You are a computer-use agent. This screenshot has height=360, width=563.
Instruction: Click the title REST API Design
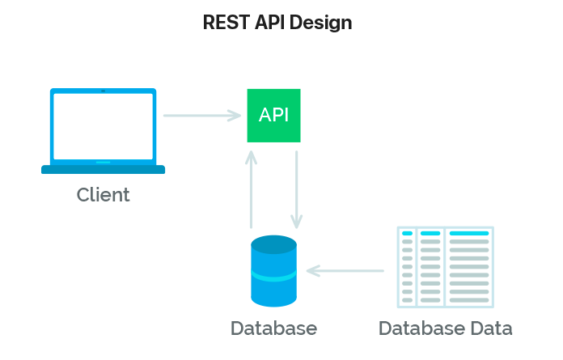277,23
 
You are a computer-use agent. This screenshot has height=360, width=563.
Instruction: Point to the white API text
273,115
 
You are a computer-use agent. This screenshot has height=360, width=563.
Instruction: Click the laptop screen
103,125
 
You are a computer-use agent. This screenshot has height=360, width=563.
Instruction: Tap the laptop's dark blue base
103,170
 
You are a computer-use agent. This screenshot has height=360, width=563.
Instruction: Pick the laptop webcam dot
103,91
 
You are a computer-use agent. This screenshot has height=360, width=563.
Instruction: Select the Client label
103,195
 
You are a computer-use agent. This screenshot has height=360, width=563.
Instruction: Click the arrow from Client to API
202,116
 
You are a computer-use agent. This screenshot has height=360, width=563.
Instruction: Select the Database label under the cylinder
273,328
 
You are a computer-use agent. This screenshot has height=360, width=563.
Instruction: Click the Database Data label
445,328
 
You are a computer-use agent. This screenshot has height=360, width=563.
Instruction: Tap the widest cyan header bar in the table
469,233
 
